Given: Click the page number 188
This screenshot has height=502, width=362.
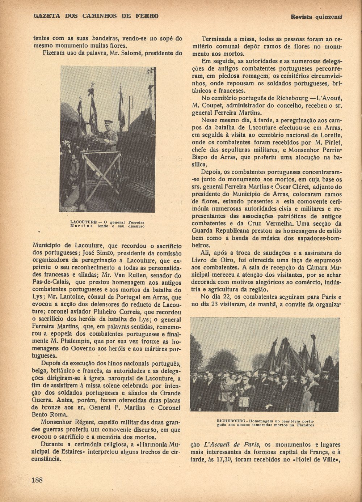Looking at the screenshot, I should click(x=37, y=480).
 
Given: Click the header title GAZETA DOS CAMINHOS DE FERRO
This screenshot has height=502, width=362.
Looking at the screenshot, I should click(x=96, y=16).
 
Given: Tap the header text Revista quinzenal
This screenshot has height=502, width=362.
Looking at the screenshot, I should click(x=316, y=17).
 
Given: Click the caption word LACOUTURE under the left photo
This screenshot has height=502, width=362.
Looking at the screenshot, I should click(x=84, y=222).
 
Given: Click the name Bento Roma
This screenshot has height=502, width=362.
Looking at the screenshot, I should click(x=47, y=415).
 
